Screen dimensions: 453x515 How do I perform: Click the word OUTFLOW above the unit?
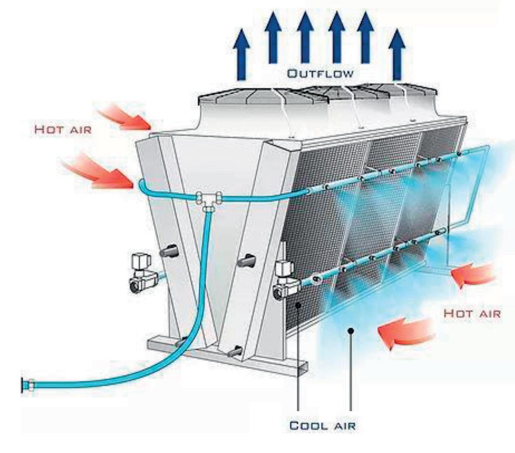320,73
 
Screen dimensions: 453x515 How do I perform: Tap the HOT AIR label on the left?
63,130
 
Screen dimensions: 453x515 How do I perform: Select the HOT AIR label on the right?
472,313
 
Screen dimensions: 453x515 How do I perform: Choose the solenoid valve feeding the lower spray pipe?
286,281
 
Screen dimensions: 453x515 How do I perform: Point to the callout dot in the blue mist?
350,331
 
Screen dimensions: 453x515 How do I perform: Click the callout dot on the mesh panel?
298,305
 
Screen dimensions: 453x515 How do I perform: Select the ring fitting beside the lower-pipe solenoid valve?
315,277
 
